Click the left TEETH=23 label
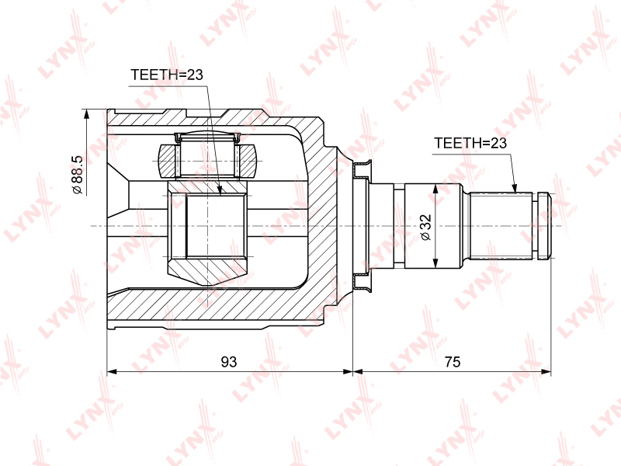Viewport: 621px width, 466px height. point(166,74)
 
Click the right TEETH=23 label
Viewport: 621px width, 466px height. point(470,143)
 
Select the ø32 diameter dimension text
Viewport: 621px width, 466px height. point(426,228)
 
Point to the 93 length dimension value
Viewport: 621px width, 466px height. point(229,361)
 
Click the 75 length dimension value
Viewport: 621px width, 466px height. point(453,361)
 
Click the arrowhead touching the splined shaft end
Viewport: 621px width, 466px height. point(515,187)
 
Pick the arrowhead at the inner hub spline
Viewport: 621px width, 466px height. point(220,190)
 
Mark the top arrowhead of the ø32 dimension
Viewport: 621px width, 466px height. point(435,189)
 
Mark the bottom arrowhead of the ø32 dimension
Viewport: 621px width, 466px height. point(435,263)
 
